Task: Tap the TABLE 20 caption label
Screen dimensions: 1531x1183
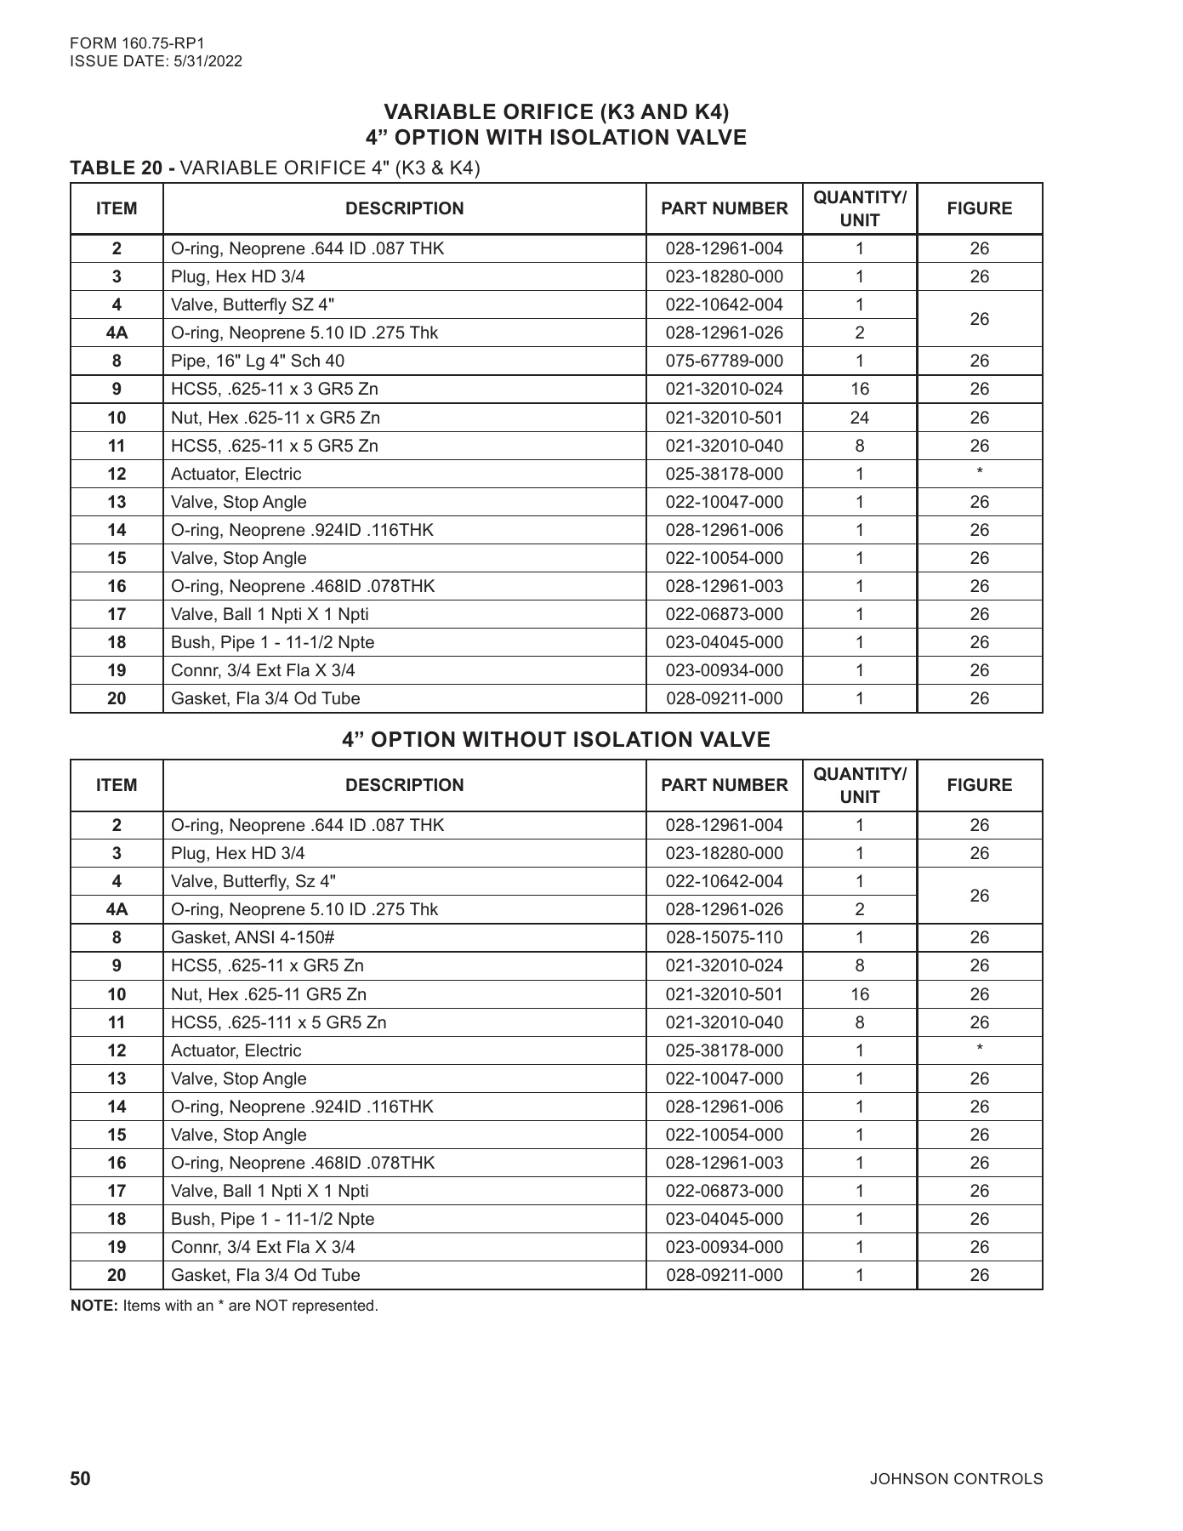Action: [122, 168]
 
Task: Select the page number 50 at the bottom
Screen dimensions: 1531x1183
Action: [80, 1478]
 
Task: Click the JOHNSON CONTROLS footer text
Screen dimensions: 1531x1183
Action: [955, 1479]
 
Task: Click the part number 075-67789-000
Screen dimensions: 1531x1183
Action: [724, 361]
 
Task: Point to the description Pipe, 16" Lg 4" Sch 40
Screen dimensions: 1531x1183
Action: [258, 361]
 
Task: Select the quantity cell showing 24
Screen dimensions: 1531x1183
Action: [859, 418]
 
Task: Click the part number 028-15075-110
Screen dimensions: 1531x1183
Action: [724, 937]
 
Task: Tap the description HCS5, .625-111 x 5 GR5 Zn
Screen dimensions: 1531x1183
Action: [278, 1022]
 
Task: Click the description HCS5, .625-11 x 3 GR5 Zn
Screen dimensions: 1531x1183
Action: [274, 389]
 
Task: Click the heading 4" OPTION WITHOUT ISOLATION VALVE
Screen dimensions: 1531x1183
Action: [555, 739]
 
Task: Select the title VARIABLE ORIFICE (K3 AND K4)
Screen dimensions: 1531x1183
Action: [556, 111]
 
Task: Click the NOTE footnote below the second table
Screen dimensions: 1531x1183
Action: [224, 1306]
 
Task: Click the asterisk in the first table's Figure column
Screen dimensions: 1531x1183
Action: [979, 473]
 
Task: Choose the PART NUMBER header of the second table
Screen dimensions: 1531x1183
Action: [724, 785]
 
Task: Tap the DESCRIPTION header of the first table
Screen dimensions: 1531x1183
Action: [404, 208]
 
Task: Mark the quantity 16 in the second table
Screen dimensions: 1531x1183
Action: [859, 994]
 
